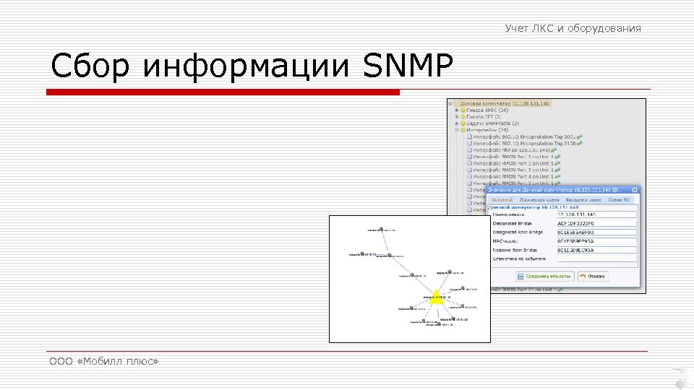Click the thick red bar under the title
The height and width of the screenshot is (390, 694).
[223, 92]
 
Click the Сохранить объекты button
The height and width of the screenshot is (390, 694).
[544, 276]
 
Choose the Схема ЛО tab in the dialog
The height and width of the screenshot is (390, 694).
[620, 199]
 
